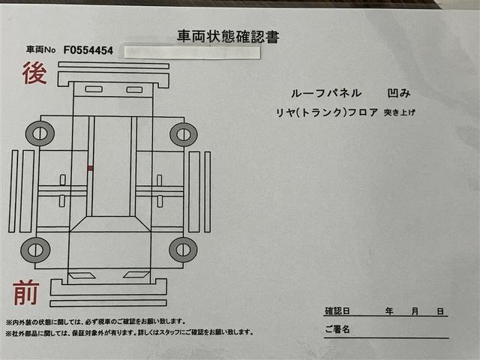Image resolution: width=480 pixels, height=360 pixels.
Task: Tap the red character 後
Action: point(35,73)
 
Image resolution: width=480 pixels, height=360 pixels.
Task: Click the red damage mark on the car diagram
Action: point(90,168)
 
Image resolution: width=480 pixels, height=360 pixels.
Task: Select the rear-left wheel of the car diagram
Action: point(40,133)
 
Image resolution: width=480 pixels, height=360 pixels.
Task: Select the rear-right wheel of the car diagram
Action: point(183,134)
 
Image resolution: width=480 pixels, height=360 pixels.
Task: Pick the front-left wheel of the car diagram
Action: point(34,249)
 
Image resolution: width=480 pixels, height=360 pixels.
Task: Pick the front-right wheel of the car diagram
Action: point(183,249)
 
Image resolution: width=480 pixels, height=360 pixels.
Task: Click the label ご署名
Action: point(337,328)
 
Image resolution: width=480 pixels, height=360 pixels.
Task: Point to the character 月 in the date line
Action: point(415,310)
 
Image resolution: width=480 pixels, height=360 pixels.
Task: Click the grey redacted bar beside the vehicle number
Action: point(192,52)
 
